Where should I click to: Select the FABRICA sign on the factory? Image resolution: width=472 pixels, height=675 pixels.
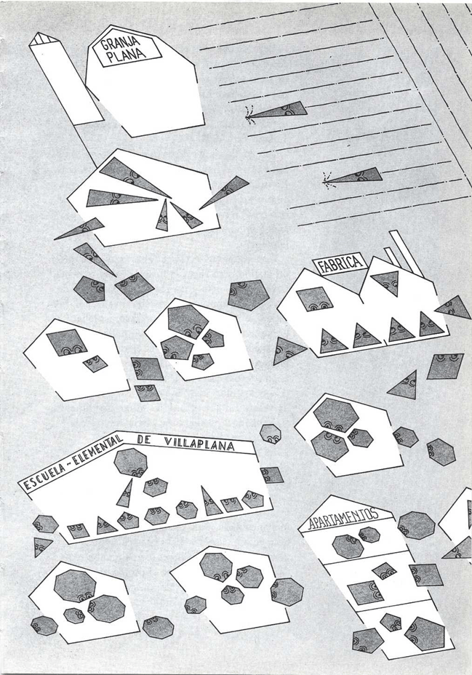pos(340,264)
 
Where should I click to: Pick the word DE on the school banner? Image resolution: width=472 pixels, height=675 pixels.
pos(144,440)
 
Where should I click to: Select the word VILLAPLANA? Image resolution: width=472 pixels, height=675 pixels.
pos(199,444)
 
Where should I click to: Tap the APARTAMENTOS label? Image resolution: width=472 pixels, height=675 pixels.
pos(343,517)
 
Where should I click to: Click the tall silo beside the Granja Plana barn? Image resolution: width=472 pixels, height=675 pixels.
pos(66,78)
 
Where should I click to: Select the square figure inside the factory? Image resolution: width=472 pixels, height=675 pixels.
pos(314,298)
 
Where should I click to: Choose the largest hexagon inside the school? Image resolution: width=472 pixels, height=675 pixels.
pos(131,463)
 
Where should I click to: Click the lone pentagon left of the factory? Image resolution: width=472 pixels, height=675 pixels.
pos(248,295)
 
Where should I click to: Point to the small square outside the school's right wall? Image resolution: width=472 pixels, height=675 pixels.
pos(271,475)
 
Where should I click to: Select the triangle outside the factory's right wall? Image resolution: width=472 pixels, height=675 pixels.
pos(455,307)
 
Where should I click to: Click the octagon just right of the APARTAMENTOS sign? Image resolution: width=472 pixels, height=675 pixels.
pos(416,524)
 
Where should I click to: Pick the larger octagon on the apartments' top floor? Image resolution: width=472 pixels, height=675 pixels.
pos(348,546)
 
